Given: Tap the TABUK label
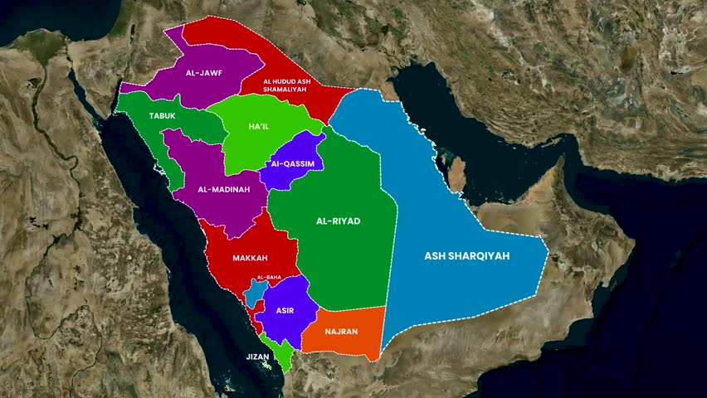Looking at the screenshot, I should (x=163, y=116).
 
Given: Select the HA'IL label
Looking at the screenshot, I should (x=259, y=126).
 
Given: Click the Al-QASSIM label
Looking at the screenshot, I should (x=293, y=164).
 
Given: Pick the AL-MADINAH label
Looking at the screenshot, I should (x=224, y=189).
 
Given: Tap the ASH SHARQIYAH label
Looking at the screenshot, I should (x=467, y=256).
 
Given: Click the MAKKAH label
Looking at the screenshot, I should (x=250, y=258).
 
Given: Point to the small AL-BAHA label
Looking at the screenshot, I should (x=269, y=277).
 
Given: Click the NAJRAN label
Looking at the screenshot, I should (x=342, y=332).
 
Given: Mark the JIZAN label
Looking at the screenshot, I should (x=257, y=357).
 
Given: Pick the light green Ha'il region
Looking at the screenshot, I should (x=249, y=149).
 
